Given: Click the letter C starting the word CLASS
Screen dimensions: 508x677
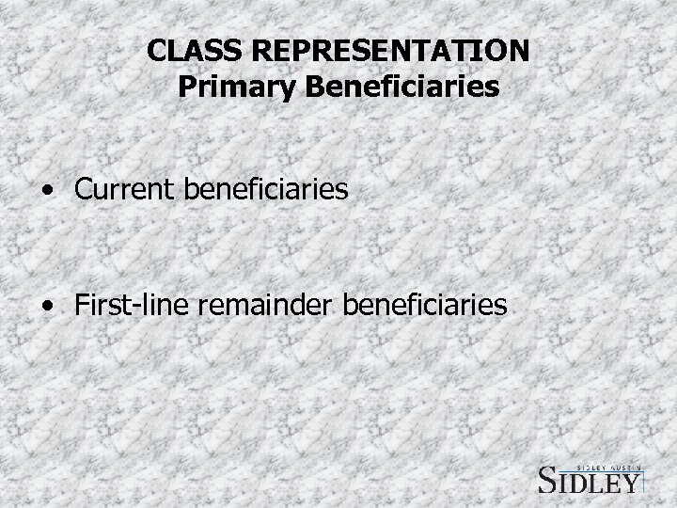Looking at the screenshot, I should coord(156,49).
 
